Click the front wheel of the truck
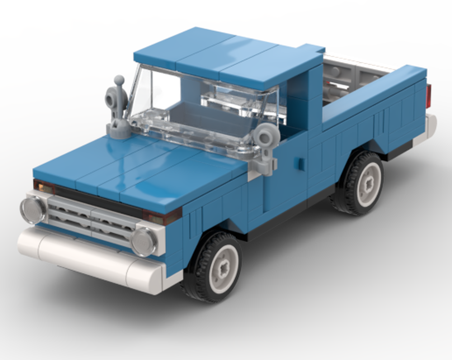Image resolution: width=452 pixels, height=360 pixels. tap(212, 267)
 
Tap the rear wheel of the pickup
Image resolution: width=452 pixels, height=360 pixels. tap(359, 183)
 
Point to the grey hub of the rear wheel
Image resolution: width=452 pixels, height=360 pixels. tap(368, 184)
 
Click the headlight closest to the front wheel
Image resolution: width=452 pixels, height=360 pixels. tap(144, 242)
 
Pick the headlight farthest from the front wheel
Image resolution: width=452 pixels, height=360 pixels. tap(33, 210)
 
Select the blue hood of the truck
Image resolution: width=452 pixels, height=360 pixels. tap(136, 167)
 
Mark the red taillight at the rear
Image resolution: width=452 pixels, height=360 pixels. tap(428, 96)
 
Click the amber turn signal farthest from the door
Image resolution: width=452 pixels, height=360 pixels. tap(43, 186)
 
